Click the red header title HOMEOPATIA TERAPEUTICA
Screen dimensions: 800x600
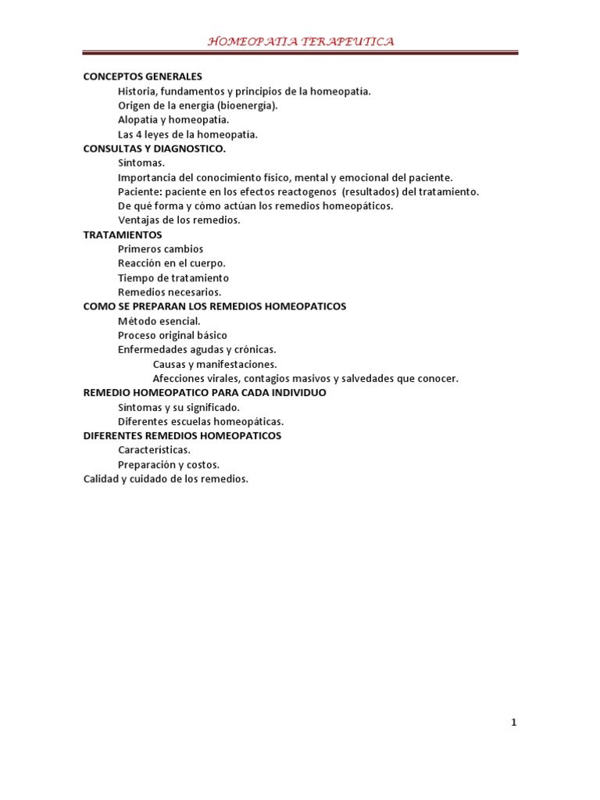(300, 41)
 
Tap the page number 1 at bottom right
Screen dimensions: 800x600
(513, 723)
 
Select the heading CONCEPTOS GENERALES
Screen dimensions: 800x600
(143, 77)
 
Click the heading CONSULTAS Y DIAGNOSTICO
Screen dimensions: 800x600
(155, 148)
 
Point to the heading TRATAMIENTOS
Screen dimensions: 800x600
(123, 234)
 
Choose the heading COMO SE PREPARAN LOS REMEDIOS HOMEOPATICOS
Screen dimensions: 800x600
(215, 306)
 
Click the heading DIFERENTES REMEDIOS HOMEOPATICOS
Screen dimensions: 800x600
(183, 435)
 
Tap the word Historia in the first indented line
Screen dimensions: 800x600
(136, 91)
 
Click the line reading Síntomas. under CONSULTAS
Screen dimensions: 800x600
(141, 162)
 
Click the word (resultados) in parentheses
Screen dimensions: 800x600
(369, 191)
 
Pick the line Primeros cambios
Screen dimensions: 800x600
(160, 249)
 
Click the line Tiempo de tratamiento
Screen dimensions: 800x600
(173, 277)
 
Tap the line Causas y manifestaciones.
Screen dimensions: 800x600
(215, 364)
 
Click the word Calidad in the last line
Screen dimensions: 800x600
(101, 479)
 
